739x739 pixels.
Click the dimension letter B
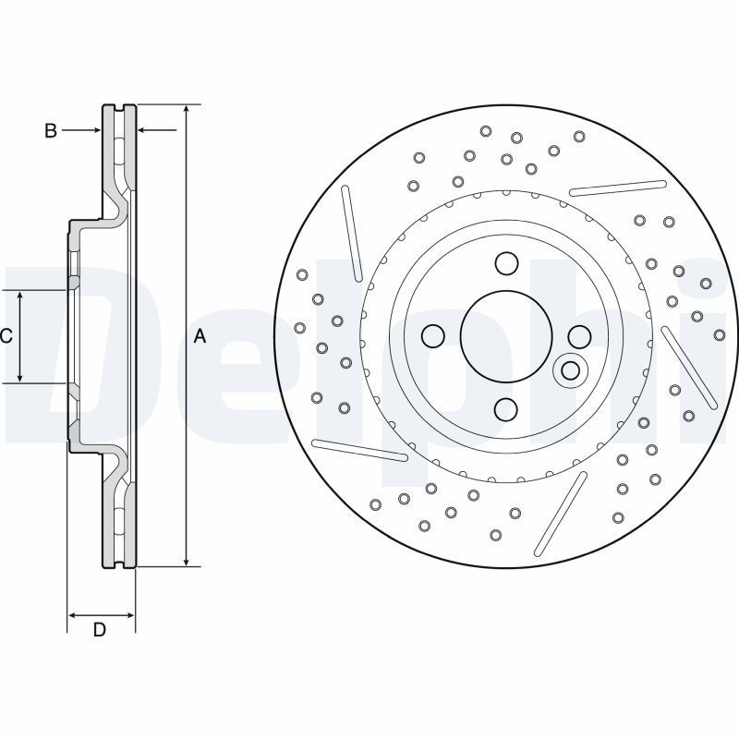pos(51,131)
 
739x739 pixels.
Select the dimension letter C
pos(6,336)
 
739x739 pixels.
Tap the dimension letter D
pos(100,630)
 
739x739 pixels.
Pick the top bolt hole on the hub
pos(505,264)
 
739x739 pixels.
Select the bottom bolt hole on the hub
pos(505,408)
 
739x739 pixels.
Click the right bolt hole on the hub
pos(578,335)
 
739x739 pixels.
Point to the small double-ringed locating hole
pos(571,370)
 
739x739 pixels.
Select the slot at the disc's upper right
pos(618,188)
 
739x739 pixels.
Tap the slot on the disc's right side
pos(689,367)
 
